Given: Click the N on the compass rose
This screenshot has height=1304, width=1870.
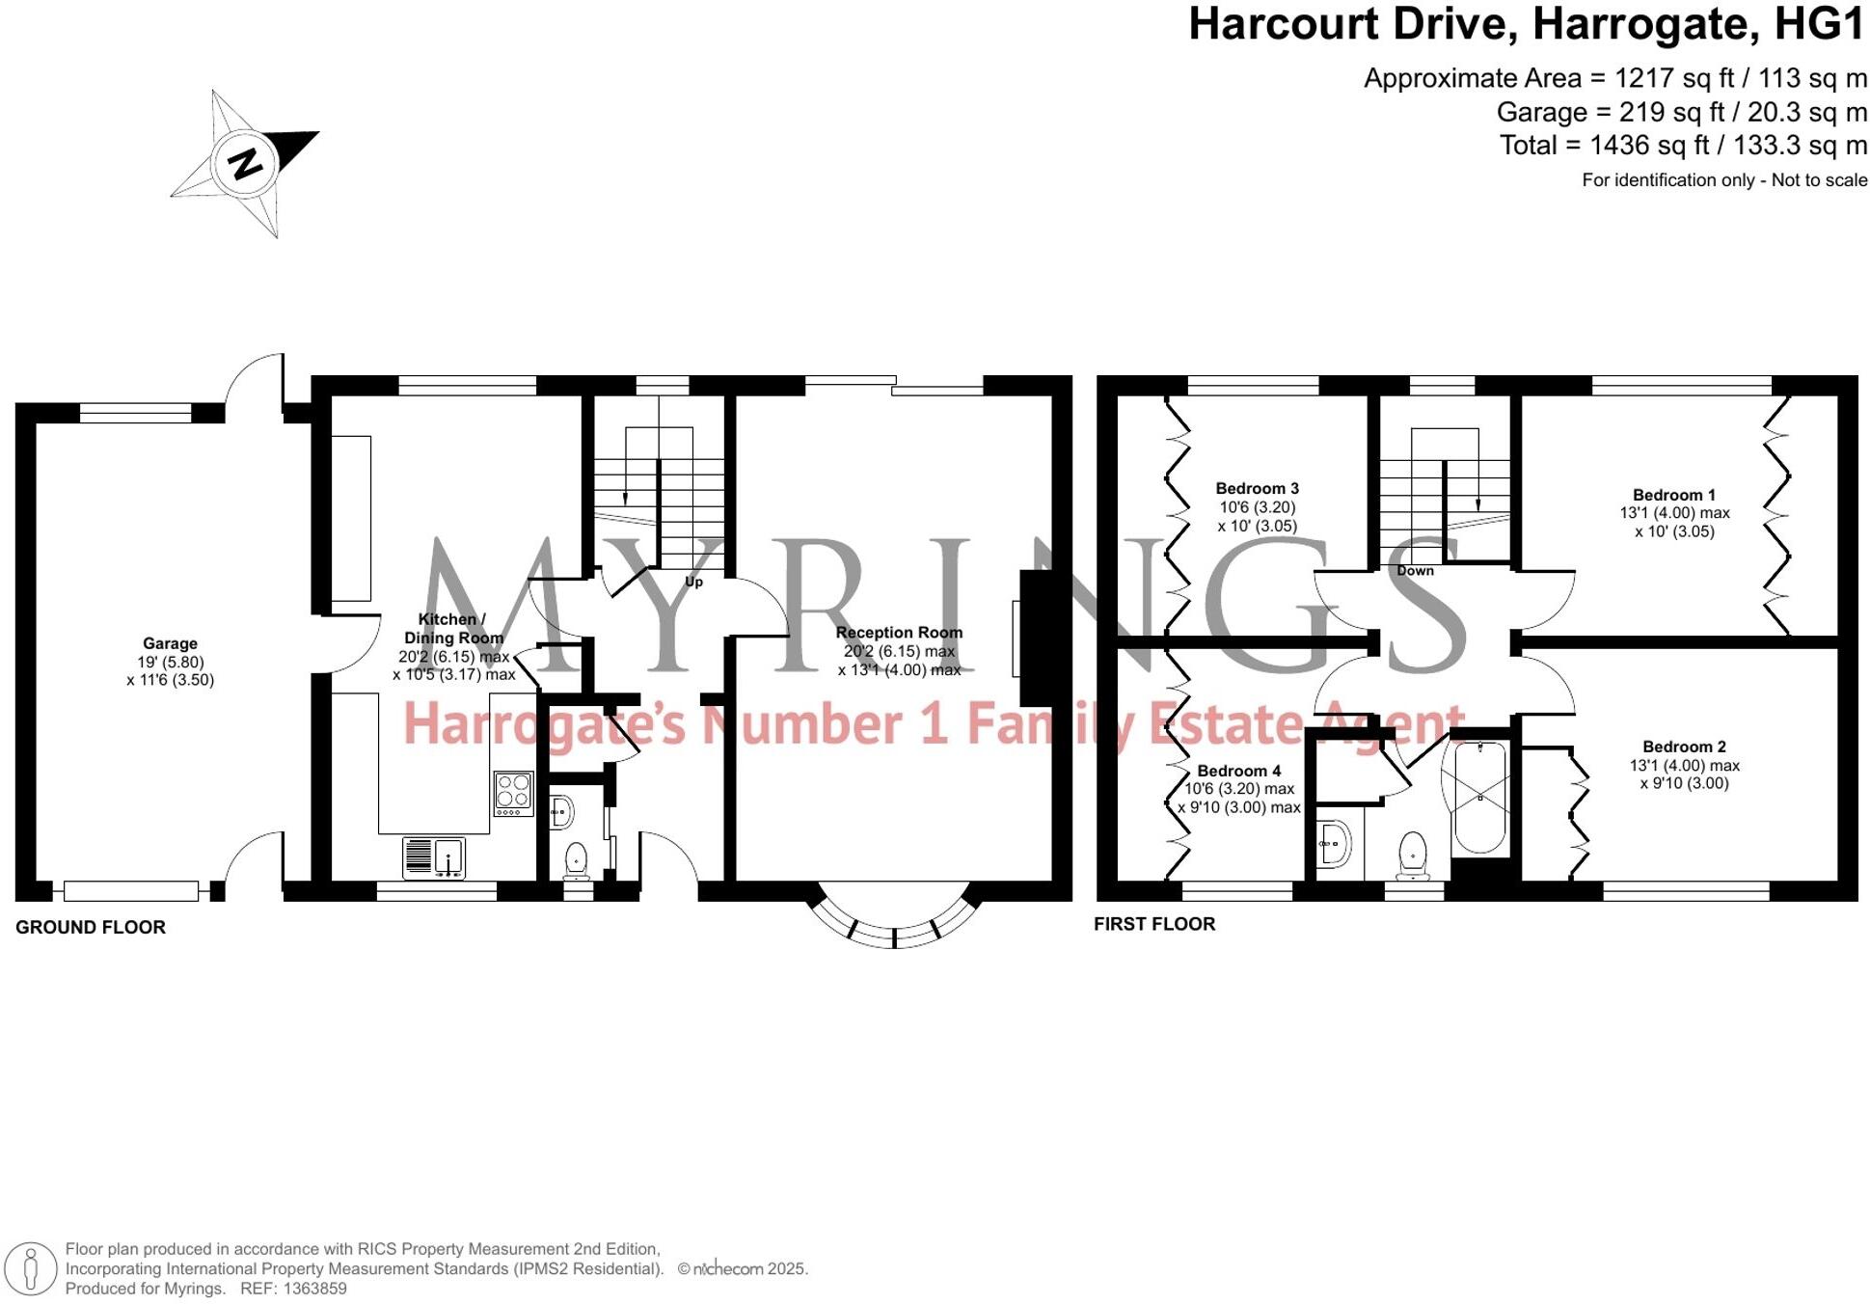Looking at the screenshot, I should click(x=246, y=163).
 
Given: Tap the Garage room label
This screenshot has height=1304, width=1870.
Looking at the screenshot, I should click(x=170, y=643).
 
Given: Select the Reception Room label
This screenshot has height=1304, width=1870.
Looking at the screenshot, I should click(x=899, y=633).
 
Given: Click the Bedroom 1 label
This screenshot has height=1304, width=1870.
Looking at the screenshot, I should click(x=1673, y=495).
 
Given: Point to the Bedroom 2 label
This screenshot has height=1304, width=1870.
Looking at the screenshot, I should click(x=1684, y=747).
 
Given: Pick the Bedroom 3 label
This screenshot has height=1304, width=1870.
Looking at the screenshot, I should click(x=1257, y=488).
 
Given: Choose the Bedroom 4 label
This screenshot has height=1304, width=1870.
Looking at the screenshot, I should click(x=1238, y=771).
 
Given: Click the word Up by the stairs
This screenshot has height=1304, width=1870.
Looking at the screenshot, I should click(x=693, y=582).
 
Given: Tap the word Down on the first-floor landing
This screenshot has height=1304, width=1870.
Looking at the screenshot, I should click(x=1415, y=570).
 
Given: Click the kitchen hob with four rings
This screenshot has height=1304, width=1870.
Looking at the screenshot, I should click(x=513, y=793).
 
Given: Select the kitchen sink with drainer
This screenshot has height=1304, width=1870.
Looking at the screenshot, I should click(x=434, y=856).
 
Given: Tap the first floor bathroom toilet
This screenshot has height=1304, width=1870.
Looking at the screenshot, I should click(x=1413, y=855).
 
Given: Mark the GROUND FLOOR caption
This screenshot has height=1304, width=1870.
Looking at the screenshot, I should click(x=91, y=927).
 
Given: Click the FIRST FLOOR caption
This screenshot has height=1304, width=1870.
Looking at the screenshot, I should click(x=1153, y=924).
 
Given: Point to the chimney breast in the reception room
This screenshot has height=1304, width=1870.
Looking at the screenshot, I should click(x=1038, y=638).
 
